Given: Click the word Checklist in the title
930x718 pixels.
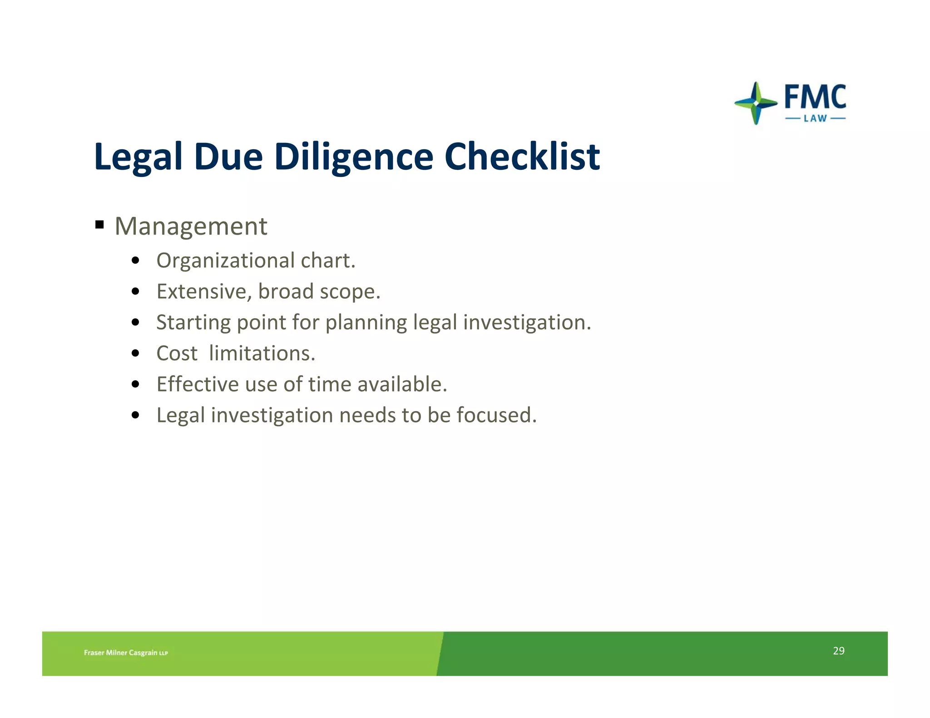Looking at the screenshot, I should click(x=522, y=157).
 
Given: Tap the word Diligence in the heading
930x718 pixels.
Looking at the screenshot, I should click(x=354, y=157).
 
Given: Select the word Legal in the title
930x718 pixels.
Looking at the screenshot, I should click(x=138, y=157).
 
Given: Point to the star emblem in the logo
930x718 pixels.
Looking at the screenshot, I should click(x=756, y=103).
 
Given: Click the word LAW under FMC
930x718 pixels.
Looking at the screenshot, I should click(x=815, y=119).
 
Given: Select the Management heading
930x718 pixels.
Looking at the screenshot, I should click(x=191, y=226).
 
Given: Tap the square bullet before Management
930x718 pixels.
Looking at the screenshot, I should click(x=100, y=225).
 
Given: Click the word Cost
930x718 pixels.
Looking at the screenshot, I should click(x=177, y=354).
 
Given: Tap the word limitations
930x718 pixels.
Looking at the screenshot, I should click(x=262, y=354).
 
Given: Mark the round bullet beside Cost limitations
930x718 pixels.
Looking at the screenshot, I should click(x=135, y=354).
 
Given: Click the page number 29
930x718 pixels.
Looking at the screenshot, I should click(x=838, y=651).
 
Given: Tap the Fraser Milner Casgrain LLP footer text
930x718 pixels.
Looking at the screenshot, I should click(x=126, y=653).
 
